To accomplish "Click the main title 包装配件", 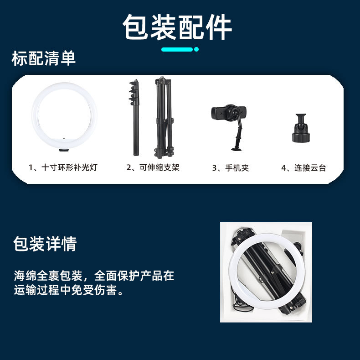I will (177, 27).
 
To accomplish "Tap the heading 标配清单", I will (44, 59).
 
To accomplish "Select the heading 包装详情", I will (45, 244).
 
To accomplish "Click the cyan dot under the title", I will (196, 49).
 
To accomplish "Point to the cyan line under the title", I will (177, 49).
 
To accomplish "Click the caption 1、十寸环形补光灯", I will (63, 167).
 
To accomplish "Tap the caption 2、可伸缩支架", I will (153, 167).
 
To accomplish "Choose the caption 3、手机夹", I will (231, 168).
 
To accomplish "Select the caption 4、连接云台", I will (303, 168).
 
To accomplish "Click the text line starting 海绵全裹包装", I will (93, 276).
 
